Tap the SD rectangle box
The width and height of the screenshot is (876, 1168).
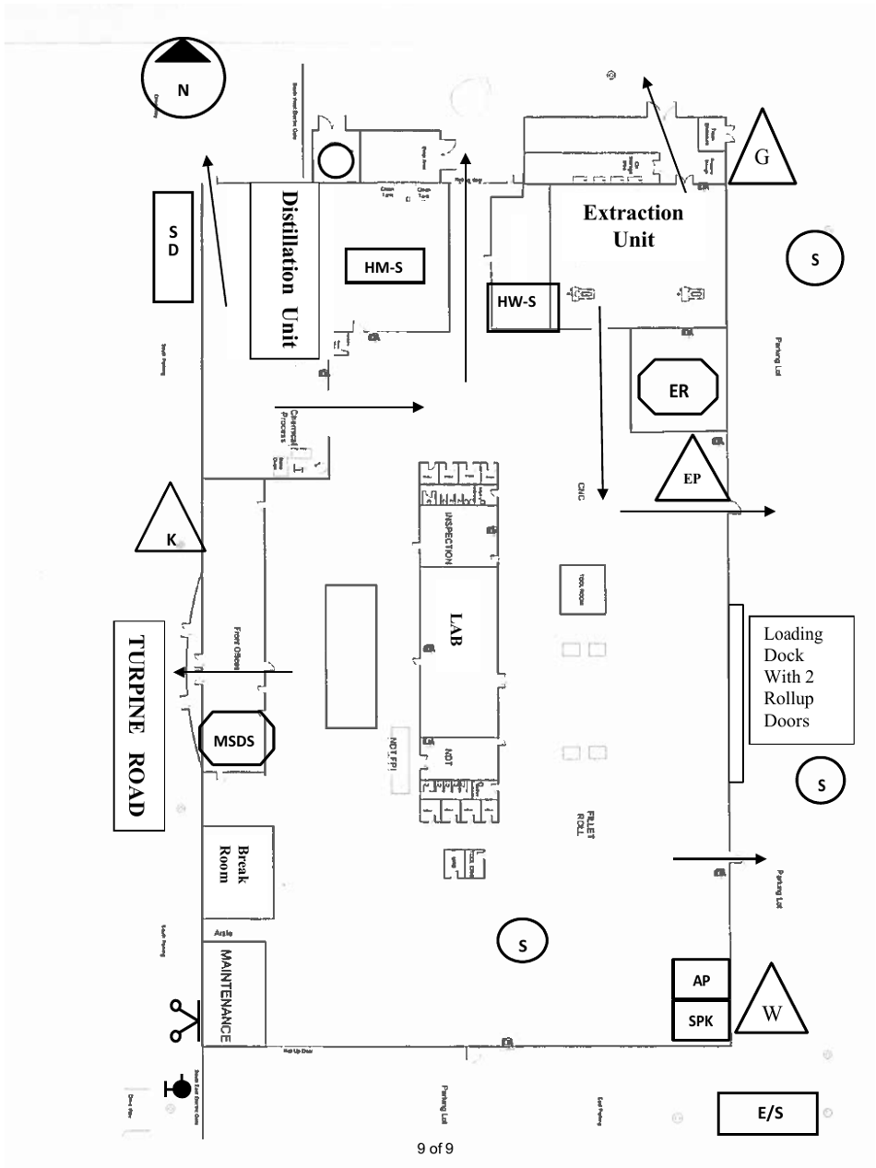click(x=173, y=246)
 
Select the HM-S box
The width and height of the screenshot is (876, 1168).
click(x=383, y=267)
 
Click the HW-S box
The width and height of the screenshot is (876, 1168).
click(x=523, y=307)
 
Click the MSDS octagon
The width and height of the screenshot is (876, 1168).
click(x=238, y=738)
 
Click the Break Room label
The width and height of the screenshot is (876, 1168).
click(x=237, y=864)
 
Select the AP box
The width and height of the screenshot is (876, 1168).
click(x=701, y=980)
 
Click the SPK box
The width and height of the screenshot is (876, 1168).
click(x=701, y=1021)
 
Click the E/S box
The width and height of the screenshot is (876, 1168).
click(x=767, y=1113)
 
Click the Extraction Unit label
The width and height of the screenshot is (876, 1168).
click(x=633, y=226)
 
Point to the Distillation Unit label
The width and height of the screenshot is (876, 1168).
click(x=284, y=270)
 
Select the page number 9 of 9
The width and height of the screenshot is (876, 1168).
click(x=435, y=1148)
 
